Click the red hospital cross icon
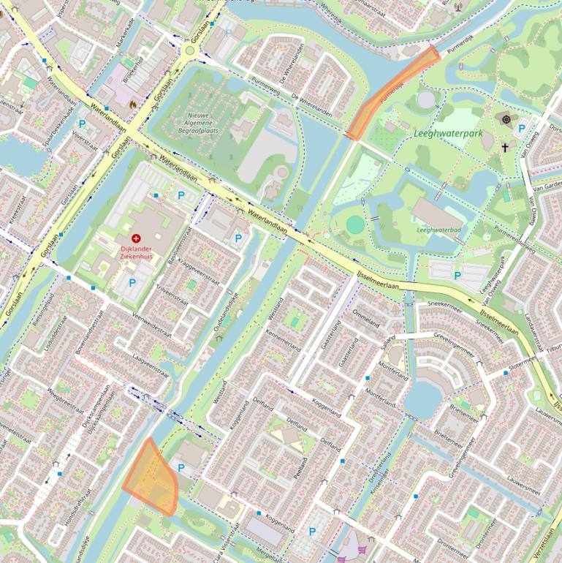136,238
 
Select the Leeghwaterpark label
448,134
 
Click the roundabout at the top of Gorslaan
191,50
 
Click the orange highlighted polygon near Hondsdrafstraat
152,478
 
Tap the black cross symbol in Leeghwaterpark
504,147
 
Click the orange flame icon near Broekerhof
132,105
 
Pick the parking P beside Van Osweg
521,129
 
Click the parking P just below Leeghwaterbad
457,276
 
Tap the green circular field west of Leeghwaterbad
354,224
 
